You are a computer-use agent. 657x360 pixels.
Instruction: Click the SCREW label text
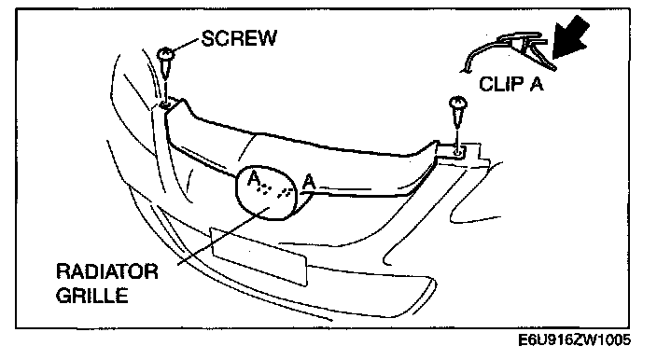239,38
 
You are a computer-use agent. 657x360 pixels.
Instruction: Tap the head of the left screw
166,53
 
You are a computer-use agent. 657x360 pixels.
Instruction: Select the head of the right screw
458,103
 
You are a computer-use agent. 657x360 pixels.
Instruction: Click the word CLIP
501,84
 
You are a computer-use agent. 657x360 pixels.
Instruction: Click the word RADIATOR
107,271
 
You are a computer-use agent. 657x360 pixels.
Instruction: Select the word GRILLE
91,296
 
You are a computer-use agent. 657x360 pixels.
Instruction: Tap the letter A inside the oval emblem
254,179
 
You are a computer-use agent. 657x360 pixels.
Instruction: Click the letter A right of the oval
308,182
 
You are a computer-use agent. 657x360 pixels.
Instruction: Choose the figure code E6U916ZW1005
575,339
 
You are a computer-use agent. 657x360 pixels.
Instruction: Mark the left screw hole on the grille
166,104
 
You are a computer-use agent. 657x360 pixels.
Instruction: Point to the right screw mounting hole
458,152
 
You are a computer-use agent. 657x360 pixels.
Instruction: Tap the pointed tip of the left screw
166,77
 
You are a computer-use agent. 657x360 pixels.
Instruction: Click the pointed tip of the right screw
457,127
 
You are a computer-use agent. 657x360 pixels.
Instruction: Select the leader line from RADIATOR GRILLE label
223,236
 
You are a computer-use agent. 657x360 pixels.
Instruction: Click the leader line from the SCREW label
187,45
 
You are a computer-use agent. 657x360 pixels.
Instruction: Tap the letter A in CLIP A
536,84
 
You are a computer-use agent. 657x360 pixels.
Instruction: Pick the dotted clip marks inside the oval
275,190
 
